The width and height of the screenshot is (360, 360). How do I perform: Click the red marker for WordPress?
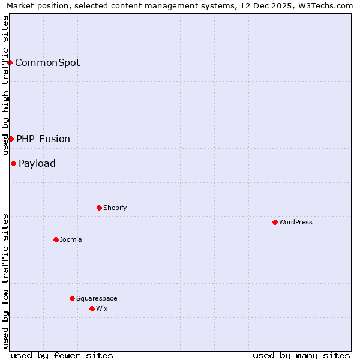(275, 222)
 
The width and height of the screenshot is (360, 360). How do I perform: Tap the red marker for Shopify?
(99, 208)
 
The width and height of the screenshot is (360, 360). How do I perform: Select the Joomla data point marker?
(56, 239)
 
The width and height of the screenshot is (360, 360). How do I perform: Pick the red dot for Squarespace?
(72, 298)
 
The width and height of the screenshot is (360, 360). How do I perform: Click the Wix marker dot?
(92, 308)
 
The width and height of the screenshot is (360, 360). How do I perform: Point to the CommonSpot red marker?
(10, 62)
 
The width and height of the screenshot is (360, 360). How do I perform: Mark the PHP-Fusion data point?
(11, 139)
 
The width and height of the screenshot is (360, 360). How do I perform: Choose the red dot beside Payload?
(13, 163)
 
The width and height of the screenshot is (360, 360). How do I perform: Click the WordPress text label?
(296, 222)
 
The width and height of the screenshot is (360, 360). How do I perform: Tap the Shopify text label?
(115, 208)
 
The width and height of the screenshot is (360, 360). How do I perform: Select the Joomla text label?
(71, 239)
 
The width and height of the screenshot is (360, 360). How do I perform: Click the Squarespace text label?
(97, 298)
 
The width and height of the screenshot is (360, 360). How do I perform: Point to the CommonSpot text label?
(47, 62)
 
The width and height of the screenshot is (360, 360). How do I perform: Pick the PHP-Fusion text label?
(43, 139)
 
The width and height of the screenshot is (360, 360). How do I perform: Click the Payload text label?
(37, 163)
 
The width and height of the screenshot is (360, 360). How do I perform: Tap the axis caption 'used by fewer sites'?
(62, 355)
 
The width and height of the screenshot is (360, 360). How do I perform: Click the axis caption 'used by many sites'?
(301, 355)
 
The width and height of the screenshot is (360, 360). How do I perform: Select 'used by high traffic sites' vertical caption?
(5, 85)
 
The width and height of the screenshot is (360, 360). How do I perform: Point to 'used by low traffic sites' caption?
(5, 280)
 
